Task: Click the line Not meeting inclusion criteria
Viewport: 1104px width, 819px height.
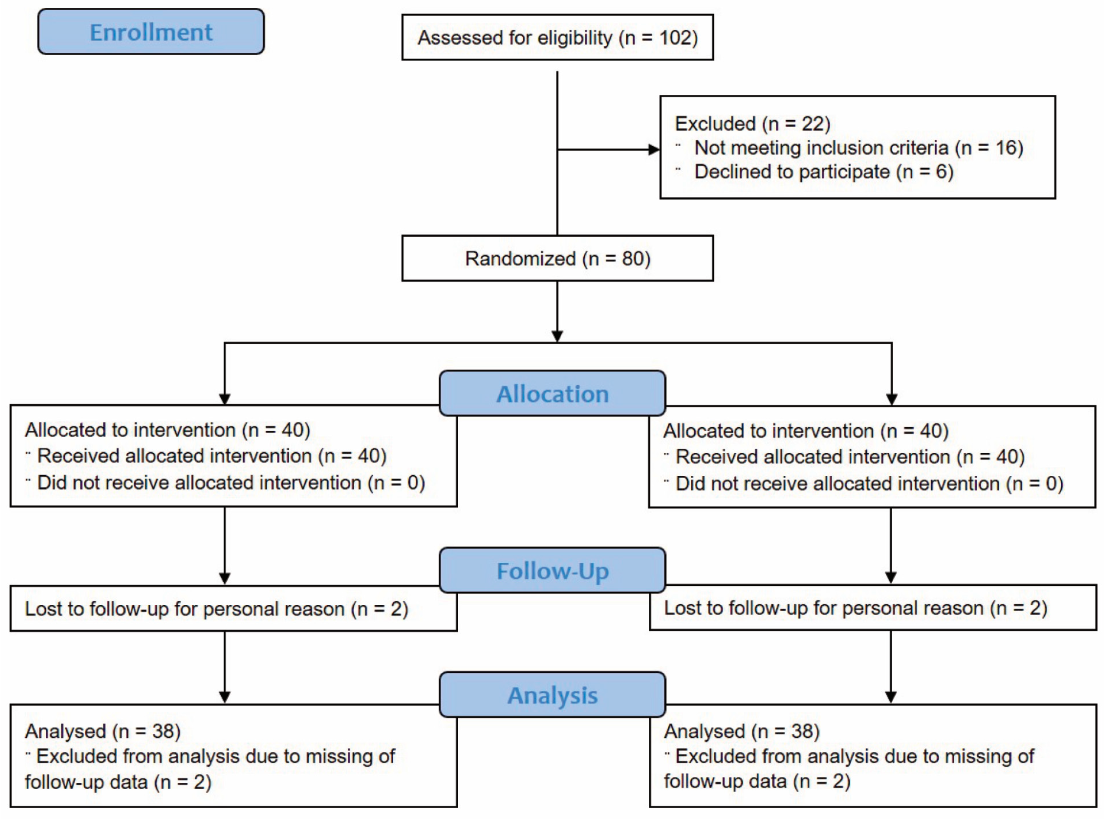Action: (x=858, y=148)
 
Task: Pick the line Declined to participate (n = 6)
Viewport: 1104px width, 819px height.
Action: (x=823, y=172)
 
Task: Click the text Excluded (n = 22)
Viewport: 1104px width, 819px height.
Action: (x=752, y=124)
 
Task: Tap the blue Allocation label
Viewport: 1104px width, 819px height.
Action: (x=552, y=394)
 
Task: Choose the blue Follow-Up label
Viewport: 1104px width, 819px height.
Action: (x=552, y=570)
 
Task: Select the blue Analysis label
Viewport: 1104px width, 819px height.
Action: (x=552, y=695)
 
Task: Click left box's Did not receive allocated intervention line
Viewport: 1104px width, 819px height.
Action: (x=231, y=482)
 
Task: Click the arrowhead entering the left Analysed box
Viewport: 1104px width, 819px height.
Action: (x=225, y=697)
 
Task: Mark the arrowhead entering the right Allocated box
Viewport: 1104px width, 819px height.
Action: (x=891, y=399)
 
